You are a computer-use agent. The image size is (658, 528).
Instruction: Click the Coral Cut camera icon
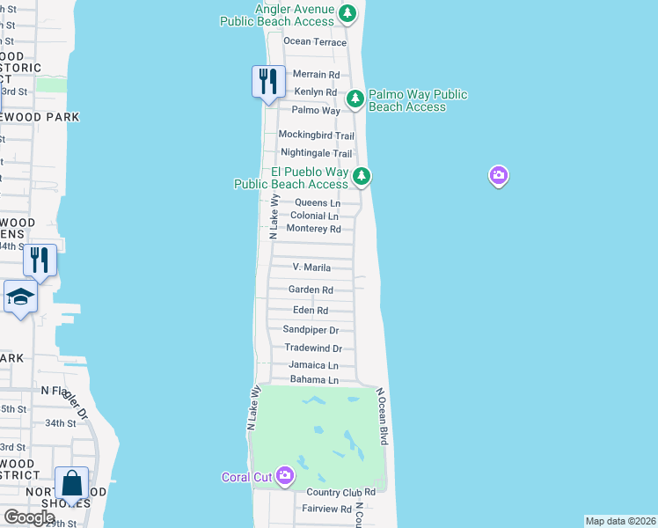pyautogui.click(x=284, y=476)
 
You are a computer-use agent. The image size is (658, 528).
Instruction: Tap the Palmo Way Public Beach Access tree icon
pyautogui.click(x=355, y=99)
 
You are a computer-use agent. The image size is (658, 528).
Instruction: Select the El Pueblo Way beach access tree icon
pyautogui.click(x=362, y=177)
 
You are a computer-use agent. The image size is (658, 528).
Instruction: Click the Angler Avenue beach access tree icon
pyautogui.click(x=348, y=13)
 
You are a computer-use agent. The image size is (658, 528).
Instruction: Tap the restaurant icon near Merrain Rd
pyautogui.click(x=267, y=82)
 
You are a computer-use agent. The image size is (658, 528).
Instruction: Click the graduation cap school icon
pyautogui.click(x=20, y=297)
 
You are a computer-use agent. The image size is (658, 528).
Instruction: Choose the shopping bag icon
pyautogui.click(x=71, y=483)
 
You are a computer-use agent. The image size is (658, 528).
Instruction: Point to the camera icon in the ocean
pyautogui.click(x=499, y=177)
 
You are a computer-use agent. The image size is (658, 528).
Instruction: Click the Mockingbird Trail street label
pyautogui.click(x=316, y=136)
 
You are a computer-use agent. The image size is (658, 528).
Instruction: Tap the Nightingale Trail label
pyautogui.click(x=316, y=153)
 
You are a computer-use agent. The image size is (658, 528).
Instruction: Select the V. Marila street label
pyautogui.click(x=311, y=268)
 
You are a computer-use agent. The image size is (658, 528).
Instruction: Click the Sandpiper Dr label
pyautogui.click(x=311, y=330)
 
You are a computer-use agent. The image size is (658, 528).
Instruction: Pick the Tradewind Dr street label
pyautogui.click(x=311, y=348)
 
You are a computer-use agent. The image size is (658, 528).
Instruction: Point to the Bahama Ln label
pyautogui.click(x=314, y=380)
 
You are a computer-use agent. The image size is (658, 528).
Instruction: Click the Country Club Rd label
pyautogui.click(x=341, y=492)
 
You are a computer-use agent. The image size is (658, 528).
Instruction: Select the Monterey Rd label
pyautogui.click(x=313, y=229)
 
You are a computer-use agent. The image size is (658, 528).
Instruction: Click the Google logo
pyautogui.click(x=29, y=517)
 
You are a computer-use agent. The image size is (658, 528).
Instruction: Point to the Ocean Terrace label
pyautogui.click(x=315, y=42)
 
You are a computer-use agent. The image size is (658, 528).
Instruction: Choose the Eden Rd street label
pyautogui.click(x=310, y=311)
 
